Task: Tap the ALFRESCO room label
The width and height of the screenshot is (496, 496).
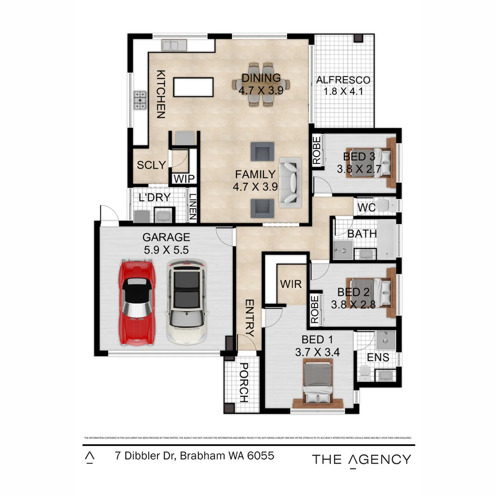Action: coord(343,80)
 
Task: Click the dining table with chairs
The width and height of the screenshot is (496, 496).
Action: coord(260,85)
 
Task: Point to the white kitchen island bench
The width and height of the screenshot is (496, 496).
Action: coord(193,87)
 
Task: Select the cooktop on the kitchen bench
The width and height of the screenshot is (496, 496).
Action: coord(140,100)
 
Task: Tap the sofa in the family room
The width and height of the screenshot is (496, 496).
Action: coord(290,180)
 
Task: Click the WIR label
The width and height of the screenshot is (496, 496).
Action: coord(291,284)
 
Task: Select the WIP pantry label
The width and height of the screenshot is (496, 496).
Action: coord(184,179)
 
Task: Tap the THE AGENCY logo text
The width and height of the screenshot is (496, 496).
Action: coord(361,459)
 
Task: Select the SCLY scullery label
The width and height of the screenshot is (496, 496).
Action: coord(151,165)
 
